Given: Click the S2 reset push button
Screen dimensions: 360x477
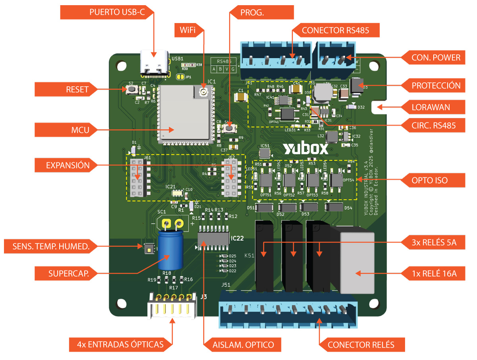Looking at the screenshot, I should click(x=131, y=89).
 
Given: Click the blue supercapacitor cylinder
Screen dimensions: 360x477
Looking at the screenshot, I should click(x=170, y=250).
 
